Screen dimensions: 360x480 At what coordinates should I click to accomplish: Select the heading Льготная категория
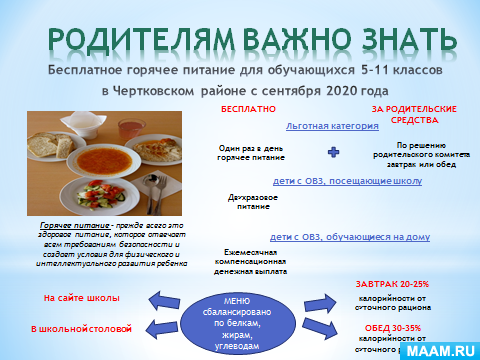331,127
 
